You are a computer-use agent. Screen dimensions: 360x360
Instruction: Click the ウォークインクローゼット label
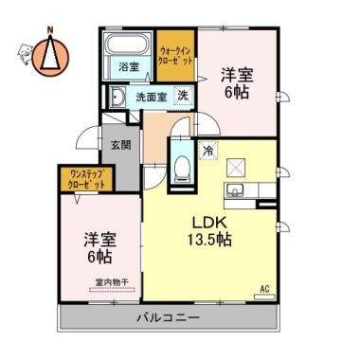pyautogui.click(x=175, y=54)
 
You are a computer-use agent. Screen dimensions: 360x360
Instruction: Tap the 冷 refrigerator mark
pyautogui.click(x=207, y=150)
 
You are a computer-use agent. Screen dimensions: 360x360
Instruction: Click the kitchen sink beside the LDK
pyautogui.click(x=234, y=194)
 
